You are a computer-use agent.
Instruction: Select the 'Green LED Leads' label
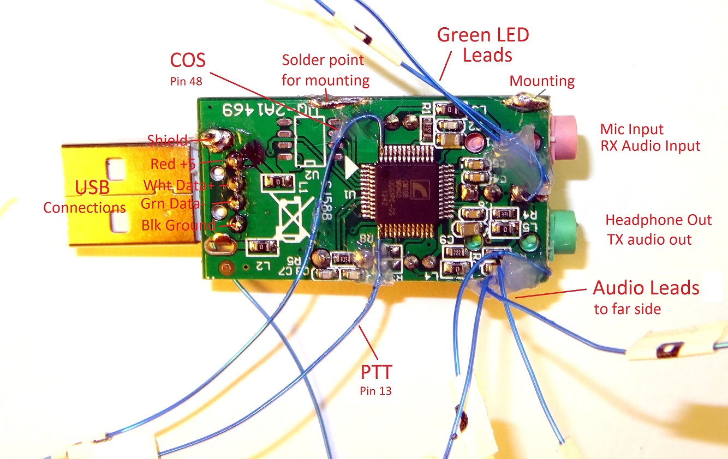[x=484, y=45]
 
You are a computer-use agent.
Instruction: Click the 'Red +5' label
[x=171, y=164]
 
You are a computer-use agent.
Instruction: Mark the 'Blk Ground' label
[x=178, y=225]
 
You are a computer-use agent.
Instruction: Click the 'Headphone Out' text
[x=659, y=220]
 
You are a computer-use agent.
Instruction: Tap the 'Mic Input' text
[x=631, y=129]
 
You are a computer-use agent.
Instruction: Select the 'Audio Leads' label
[x=646, y=287]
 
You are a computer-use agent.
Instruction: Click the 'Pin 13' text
[x=375, y=390]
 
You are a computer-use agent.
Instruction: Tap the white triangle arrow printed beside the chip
[x=351, y=170]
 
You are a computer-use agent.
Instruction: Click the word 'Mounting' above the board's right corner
[x=542, y=81]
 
